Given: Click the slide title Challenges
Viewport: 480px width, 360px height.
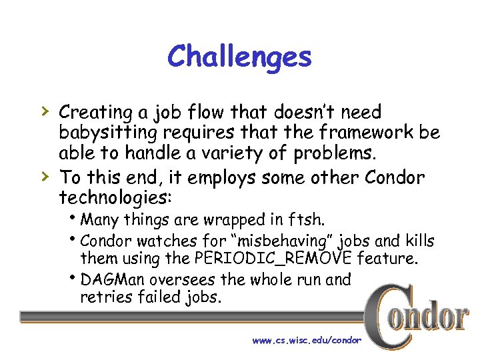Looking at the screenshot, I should [239, 57].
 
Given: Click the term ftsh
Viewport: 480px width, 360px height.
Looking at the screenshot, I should [309, 220].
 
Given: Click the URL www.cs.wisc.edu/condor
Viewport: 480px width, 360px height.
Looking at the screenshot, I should [306, 340].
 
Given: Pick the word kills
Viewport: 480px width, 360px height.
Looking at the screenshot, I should [420, 241].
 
